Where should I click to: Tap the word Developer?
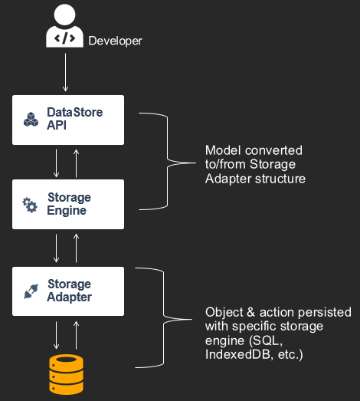point(115,41)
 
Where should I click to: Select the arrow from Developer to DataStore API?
point(65,72)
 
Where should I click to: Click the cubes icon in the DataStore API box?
point(31,120)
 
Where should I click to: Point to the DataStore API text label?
point(74,119)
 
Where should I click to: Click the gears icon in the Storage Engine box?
point(30,205)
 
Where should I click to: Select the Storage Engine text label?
point(69,204)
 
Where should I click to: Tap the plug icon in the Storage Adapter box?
point(31,291)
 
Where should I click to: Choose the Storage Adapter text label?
point(69,291)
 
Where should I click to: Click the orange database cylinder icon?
point(66,374)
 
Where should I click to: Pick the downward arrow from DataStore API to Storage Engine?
point(56,163)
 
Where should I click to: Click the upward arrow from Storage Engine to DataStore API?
point(76,163)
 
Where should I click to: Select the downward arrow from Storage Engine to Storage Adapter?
point(56,248)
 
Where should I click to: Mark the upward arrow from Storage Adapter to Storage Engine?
point(76,248)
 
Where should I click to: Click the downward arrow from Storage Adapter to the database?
point(56,335)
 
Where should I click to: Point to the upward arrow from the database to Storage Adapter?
point(76,335)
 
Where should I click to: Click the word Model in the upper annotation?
point(223,150)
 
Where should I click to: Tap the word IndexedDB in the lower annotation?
point(237,354)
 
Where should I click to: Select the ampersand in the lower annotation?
point(251,312)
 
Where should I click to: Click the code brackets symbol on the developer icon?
point(64,38)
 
